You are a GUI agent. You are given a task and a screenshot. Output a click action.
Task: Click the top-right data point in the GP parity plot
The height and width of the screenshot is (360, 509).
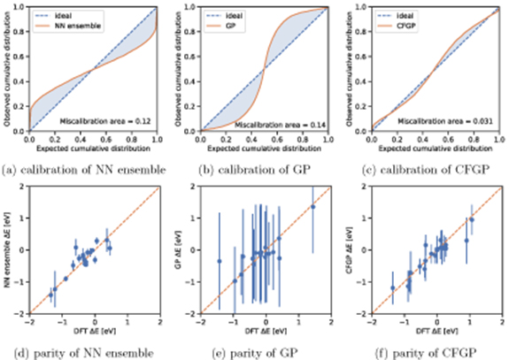[312, 206]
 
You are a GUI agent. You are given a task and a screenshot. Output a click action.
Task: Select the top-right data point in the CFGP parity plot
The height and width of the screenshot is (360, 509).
[471, 219]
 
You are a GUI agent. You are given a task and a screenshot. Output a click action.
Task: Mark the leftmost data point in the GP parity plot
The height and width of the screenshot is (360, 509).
[219, 261]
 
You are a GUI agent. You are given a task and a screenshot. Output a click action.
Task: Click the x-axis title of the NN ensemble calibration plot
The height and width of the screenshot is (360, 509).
[93, 139]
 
